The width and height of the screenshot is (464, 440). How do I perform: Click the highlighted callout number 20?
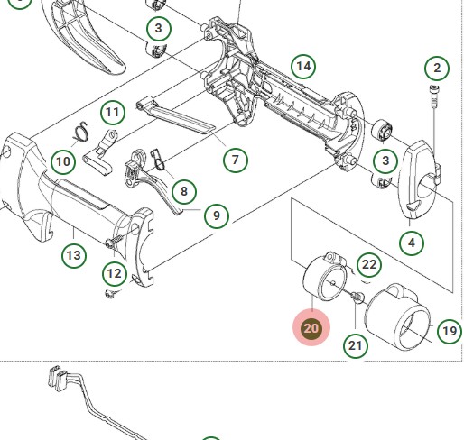tap(311, 327)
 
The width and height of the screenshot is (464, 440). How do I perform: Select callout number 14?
tap(303, 67)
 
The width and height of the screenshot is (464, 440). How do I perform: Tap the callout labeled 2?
tap(437, 68)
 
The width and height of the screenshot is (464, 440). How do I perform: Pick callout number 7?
tap(236, 160)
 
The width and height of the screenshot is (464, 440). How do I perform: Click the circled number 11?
tap(113, 112)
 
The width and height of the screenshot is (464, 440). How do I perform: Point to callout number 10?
tap(63, 161)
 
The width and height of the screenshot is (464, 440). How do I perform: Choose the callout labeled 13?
tap(74, 255)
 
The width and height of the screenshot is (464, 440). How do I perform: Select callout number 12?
tap(115, 274)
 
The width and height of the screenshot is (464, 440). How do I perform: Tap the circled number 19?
tap(450, 331)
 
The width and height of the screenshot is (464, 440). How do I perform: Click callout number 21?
tap(356, 345)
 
